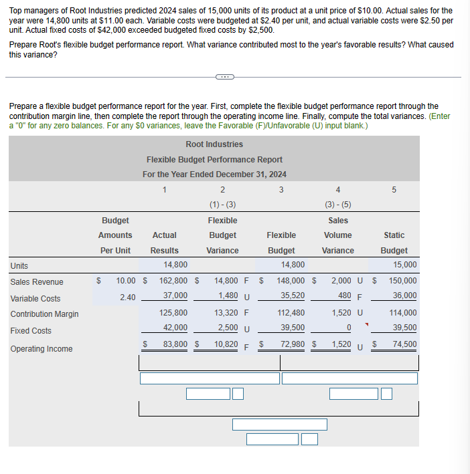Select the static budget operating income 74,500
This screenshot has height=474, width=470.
(x=404, y=345)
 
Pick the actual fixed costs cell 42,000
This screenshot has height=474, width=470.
(x=175, y=328)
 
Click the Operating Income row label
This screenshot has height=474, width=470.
(x=42, y=349)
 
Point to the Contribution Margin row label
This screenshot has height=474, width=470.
(x=44, y=314)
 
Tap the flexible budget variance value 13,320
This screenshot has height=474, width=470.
(x=228, y=312)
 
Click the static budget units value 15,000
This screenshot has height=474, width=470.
(x=404, y=265)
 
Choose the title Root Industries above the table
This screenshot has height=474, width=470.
(x=214, y=144)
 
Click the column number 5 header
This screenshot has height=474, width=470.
(x=394, y=190)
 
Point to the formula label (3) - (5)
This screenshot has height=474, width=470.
(x=337, y=205)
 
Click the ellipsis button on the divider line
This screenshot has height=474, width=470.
(x=224, y=77)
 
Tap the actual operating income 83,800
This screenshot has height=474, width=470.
(x=175, y=345)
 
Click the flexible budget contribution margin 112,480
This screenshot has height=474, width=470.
(x=291, y=312)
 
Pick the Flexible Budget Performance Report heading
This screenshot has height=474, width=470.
(x=214, y=160)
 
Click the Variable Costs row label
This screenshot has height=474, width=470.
(x=35, y=299)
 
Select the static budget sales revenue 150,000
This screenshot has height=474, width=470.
(x=403, y=282)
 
